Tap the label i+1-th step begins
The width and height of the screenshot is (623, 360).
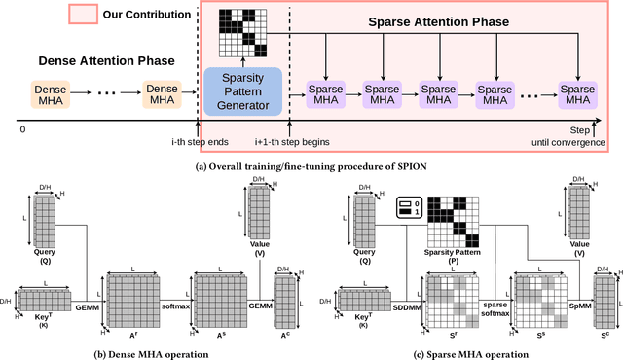click(292, 142)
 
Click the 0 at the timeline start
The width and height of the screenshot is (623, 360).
click(23, 129)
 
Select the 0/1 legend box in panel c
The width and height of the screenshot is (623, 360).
click(406, 209)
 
